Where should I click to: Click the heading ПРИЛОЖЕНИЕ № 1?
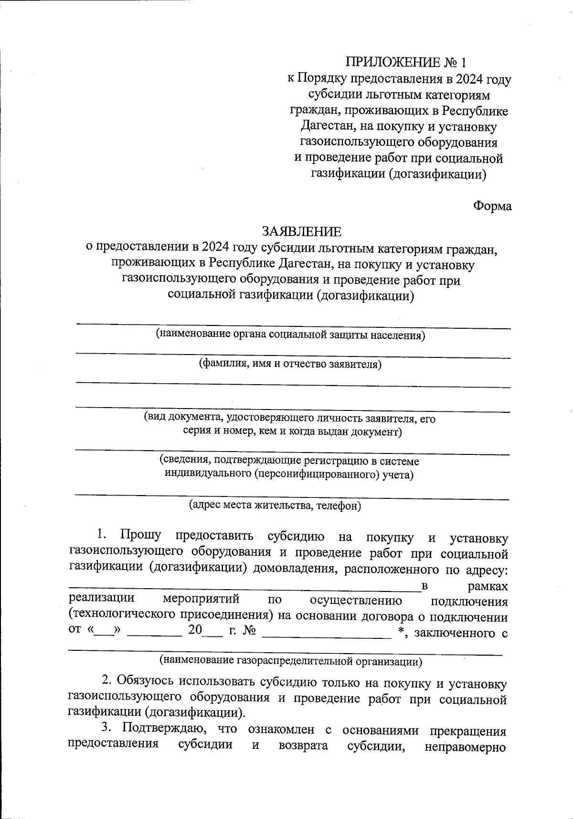tap(404, 63)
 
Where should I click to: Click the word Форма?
tap(492, 206)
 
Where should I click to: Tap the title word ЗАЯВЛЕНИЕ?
tap(301, 232)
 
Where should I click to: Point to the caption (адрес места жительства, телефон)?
tap(275, 505)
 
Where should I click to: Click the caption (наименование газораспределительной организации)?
tap(290, 661)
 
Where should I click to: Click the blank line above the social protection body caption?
tap(293, 327)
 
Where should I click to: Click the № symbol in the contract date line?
tap(249, 631)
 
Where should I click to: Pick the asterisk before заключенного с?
tap(401, 631)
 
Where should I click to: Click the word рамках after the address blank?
tap(488, 586)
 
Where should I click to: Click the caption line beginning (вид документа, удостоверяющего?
tap(290, 419)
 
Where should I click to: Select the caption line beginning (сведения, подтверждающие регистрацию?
tap(289, 461)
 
